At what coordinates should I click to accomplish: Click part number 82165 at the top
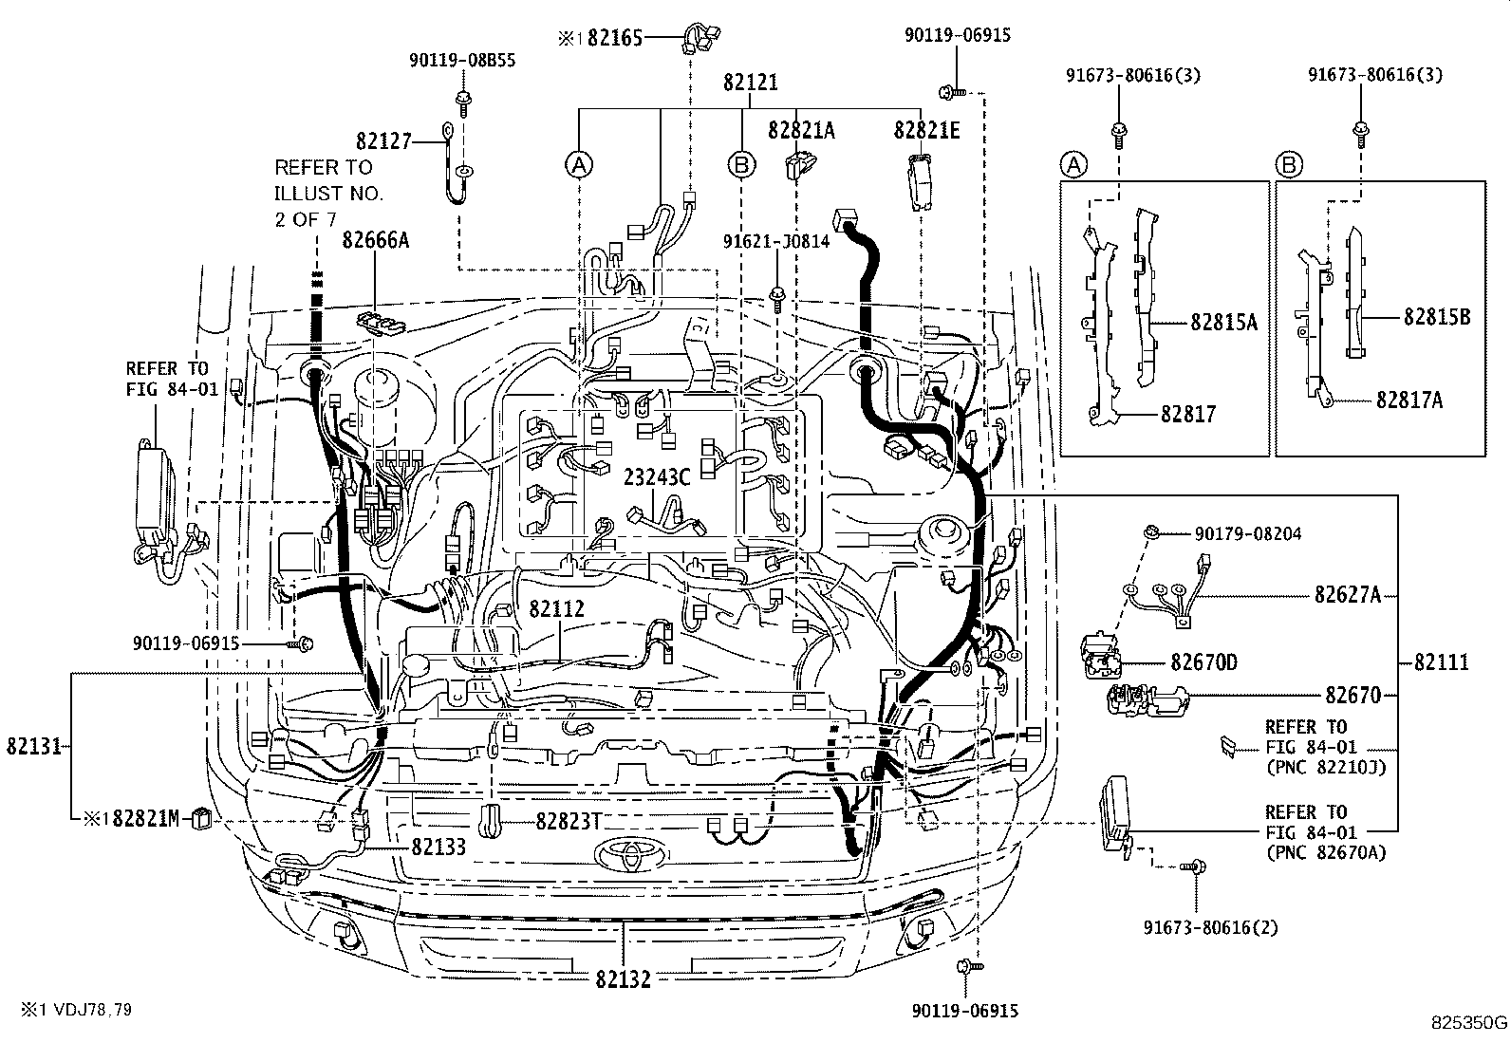click(x=614, y=38)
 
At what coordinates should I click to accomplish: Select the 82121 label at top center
click(x=750, y=83)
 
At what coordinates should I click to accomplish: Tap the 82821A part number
click(x=801, y=131)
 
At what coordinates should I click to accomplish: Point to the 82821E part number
click(x=926, y=131)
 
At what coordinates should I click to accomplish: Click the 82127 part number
click(x=384, y=142)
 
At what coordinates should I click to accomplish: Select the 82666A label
click(x=376, y=240)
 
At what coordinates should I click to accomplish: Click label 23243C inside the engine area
click(x=656, y=477)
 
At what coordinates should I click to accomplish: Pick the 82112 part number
click(x=556, y=609)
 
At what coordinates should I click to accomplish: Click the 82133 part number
click(x=438, y=846)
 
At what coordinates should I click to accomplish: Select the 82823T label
click(x=568, y=821)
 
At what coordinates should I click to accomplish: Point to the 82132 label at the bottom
click(x=624, y=978)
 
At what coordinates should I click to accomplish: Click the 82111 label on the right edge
click(x=1441, y=662)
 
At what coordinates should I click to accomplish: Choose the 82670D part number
click(x=1203, y=662)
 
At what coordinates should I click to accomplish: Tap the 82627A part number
click(x=1347, y=595)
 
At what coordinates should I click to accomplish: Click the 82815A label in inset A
click(x=1223, y=323)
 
